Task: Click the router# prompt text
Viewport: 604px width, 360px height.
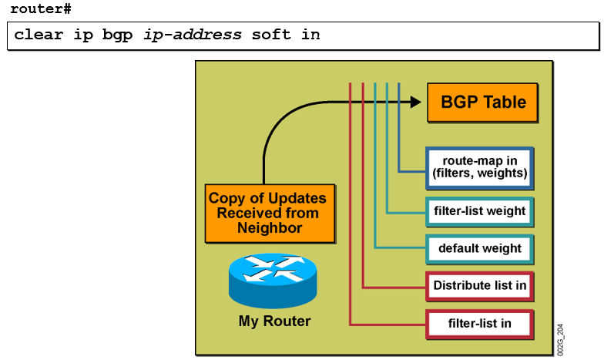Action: pos(40,8)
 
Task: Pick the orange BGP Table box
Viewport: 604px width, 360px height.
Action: pos(482,103)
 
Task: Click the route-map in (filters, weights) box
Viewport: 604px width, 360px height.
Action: pos(479,167)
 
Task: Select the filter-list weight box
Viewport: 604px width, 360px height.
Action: pos(479,210)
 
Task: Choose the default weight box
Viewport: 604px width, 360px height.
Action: pos(479,248)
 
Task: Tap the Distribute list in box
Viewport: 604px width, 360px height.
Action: pos(479,285)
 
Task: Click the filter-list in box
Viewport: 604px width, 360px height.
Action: pos(479,322)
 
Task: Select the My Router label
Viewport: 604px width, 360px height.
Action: pos(274,321)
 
